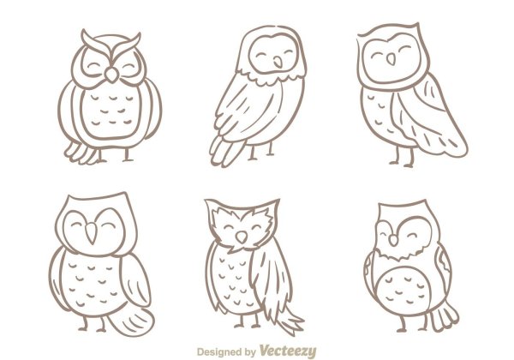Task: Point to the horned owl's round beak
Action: pyautogui.click(x=111, y=75)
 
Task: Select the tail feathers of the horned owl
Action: pyautogui.click(x=81, y=153)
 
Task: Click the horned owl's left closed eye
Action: pyautogui.click(x=93, y=66)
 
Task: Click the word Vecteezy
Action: pyautogui.click(x=288, y=351)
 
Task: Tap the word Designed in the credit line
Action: pyautogui.click(x=220, y=352)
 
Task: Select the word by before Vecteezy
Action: pyautogui.click(x=250, y=352)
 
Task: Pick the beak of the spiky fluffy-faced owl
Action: pyautogui.click(x=242, y=237)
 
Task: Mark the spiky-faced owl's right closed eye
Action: pyautogui.click(x=256, y=227)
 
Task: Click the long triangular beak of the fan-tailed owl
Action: pyautogui.click(x=92, y=233)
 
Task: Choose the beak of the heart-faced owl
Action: pyautogui.click(x=393, y=240)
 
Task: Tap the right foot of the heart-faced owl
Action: pyautogui.click(x=423, y=325)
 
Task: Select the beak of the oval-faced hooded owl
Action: pyautogui.click(x=278, y=63)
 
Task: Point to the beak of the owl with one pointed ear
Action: pyautogui.click(x=391, y=59)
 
